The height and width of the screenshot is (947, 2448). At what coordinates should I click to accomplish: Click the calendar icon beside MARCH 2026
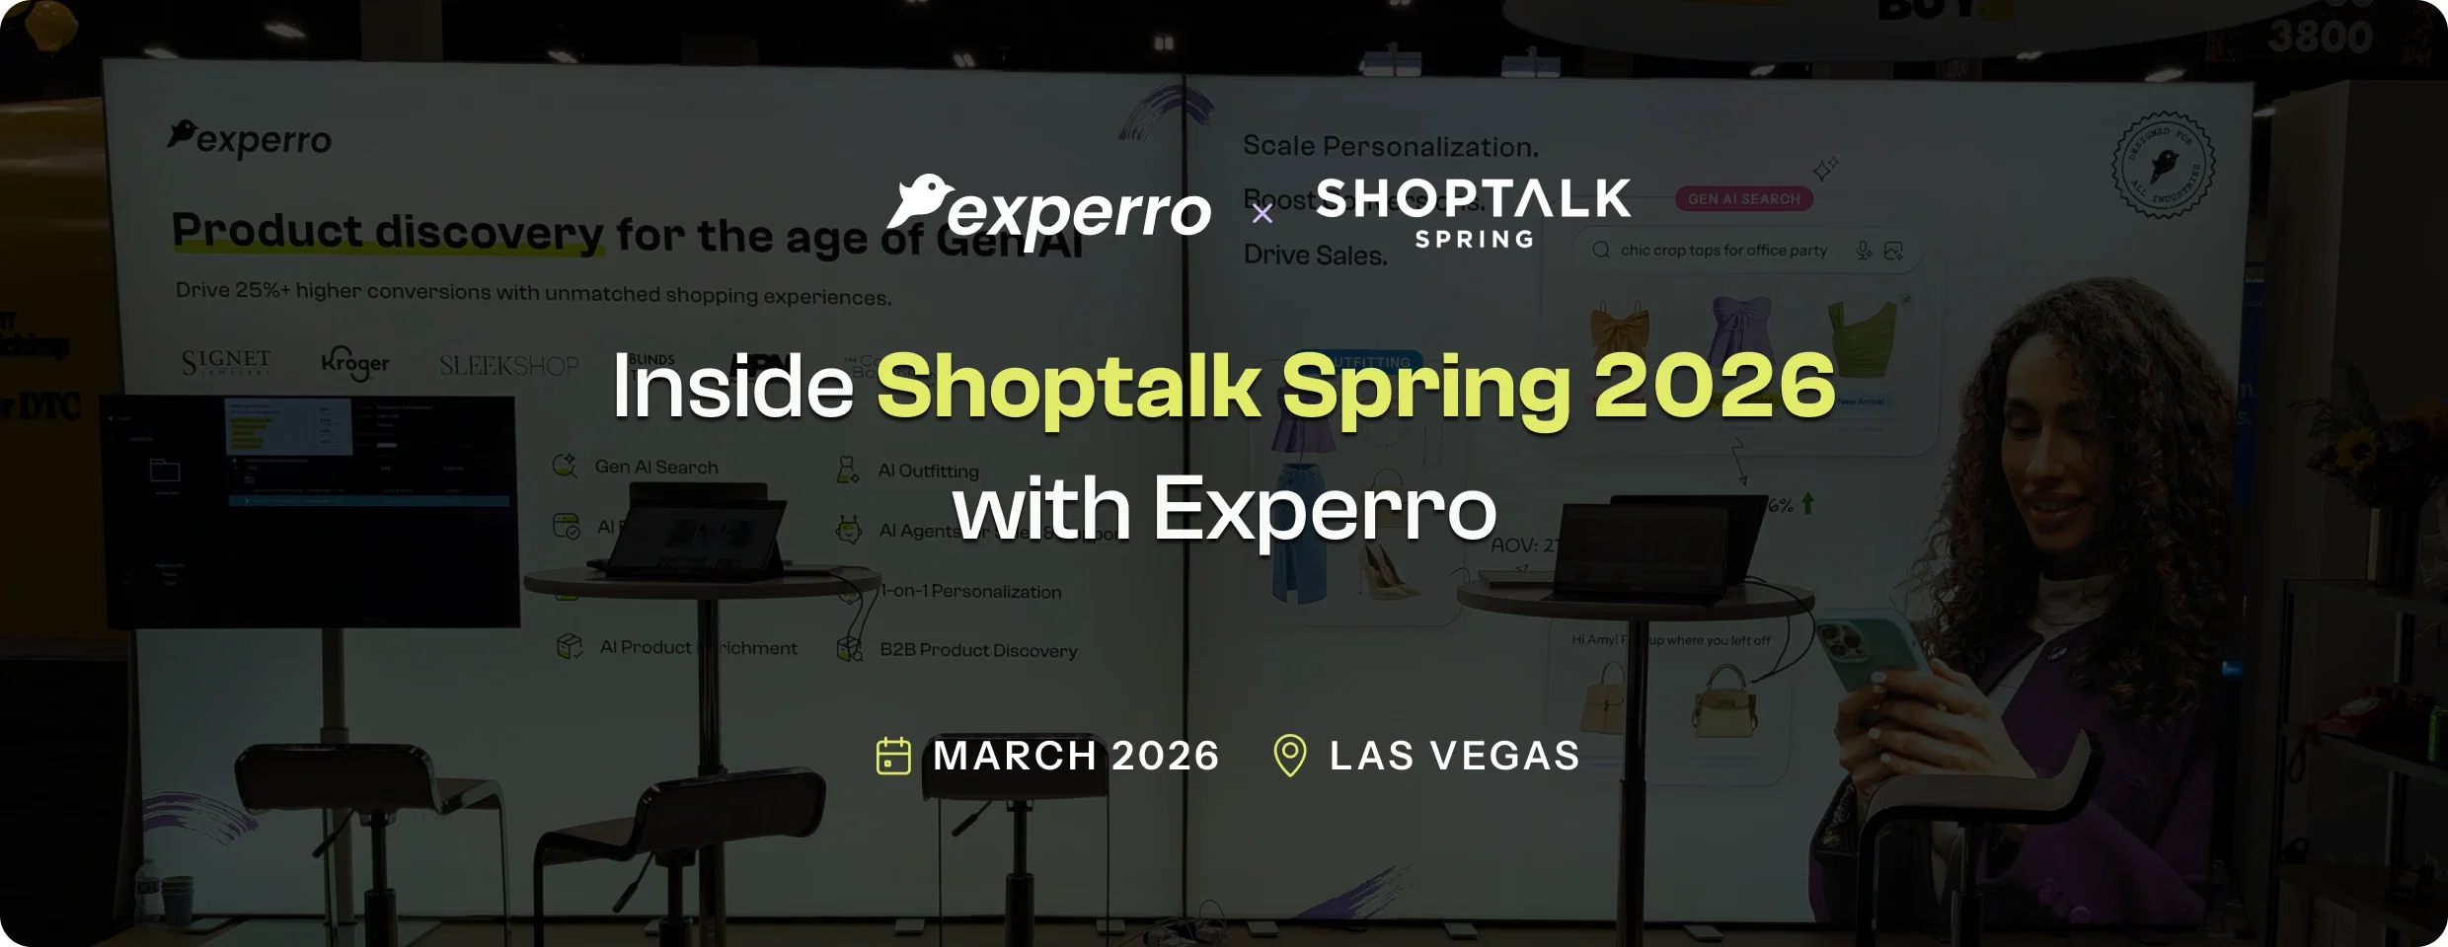coord(893,756)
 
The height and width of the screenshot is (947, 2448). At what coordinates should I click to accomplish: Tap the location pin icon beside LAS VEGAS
coord(1290,756)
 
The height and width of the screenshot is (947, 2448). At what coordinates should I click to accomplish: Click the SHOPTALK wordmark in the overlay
coord(1473,199)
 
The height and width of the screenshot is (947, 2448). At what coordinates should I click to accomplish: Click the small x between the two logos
coord(1262,214)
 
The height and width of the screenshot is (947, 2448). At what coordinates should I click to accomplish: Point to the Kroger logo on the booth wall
coord(355,363)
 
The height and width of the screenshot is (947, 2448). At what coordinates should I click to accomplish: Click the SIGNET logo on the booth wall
coord(226,362)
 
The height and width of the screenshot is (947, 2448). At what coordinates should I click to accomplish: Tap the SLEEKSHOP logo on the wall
coord(508,366)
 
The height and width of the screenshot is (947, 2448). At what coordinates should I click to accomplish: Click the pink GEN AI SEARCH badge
coord(1743,198)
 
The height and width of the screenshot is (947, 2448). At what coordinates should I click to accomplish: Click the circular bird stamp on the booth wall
coord(2163,165)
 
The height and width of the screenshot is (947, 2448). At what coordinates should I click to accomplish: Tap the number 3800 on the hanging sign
coord(2320,37)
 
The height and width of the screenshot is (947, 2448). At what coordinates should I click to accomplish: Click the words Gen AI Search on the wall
coord(656,467)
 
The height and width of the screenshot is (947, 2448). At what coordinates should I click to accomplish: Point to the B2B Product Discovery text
coord(978,650)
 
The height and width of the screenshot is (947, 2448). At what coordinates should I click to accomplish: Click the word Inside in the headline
coord(732,387)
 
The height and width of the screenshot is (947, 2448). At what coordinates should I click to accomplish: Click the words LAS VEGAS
coord(1454,756)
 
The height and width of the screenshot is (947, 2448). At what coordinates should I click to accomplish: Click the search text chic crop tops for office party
coord(1723,251)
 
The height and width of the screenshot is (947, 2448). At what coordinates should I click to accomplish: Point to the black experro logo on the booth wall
coord(251,139)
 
